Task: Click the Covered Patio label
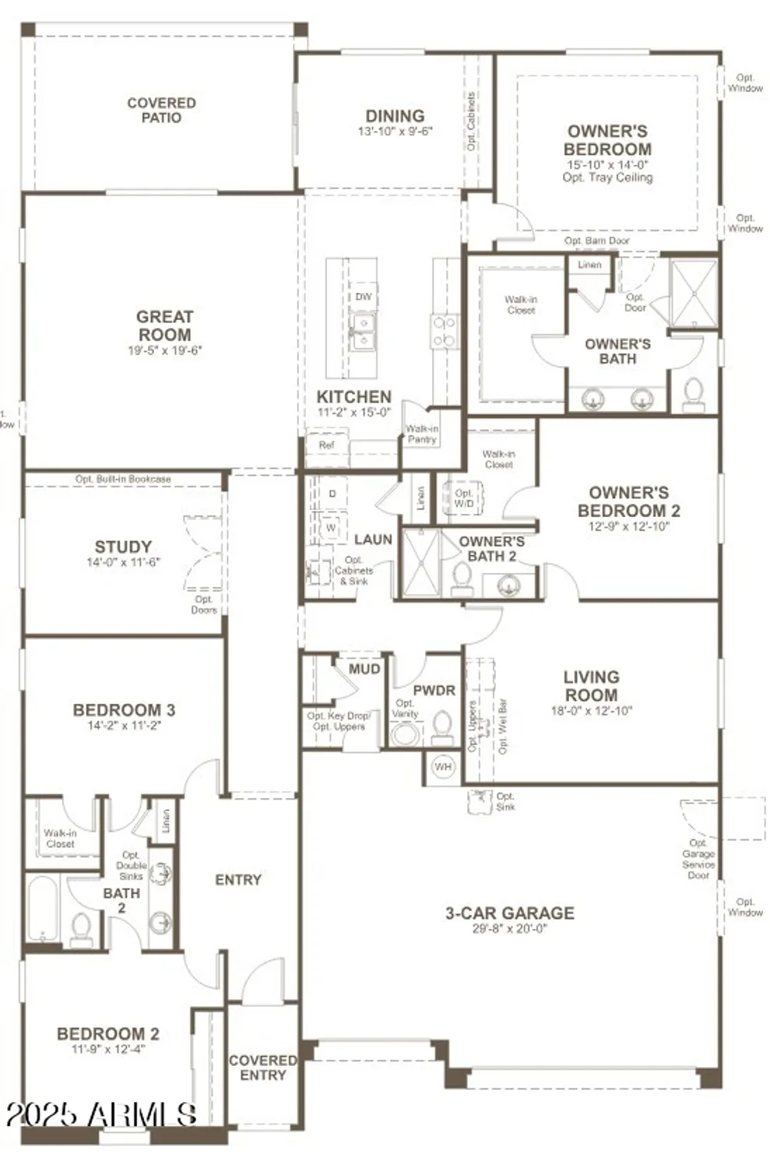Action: point(161,110)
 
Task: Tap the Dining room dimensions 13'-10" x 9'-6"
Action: point(395,132)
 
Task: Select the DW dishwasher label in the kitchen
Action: point(364,297)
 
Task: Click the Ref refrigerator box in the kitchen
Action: point(326,445)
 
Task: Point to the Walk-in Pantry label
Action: point(422,434)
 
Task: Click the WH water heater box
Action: point(443,767)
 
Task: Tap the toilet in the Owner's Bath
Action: point(692,393)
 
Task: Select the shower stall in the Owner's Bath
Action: point(693,294)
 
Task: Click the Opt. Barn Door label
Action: point(597,241)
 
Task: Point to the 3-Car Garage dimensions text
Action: point(510,928)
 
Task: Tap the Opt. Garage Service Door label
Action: point(698,859)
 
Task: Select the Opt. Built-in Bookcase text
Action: point(123,479)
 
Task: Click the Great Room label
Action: point(164,325)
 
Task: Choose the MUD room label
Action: point(364,669)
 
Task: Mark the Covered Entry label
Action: point(262,1068)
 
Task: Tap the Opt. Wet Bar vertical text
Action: point(503,726)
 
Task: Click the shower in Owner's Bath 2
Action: point(420,563)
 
